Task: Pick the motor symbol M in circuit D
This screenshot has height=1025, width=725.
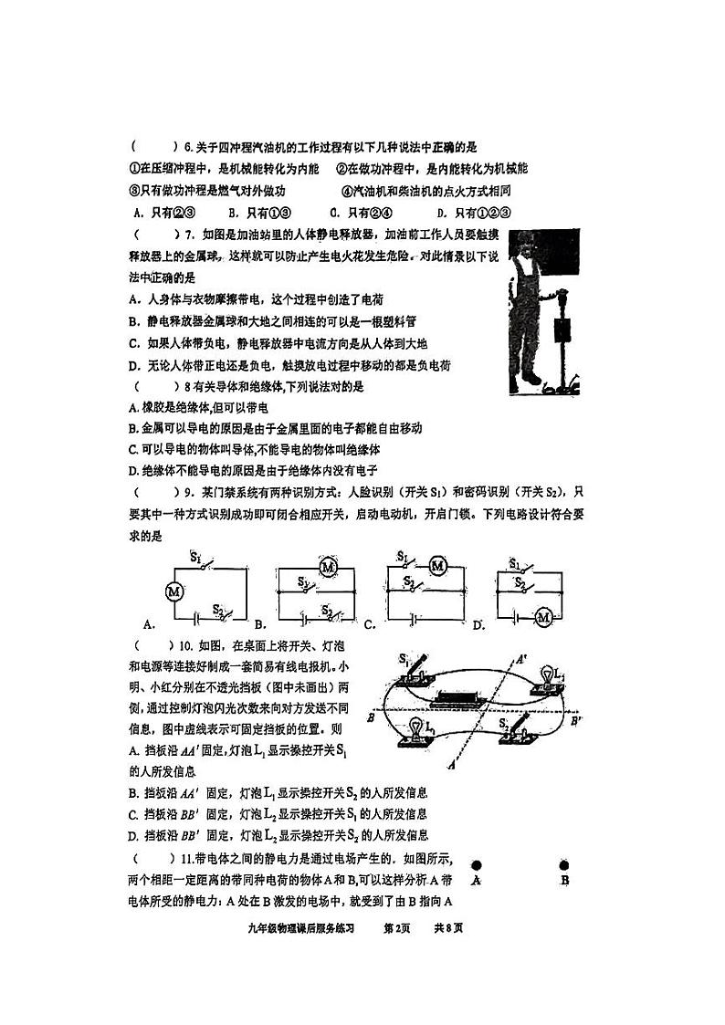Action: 543,617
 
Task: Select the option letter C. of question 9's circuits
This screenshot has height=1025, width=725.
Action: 370,625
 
